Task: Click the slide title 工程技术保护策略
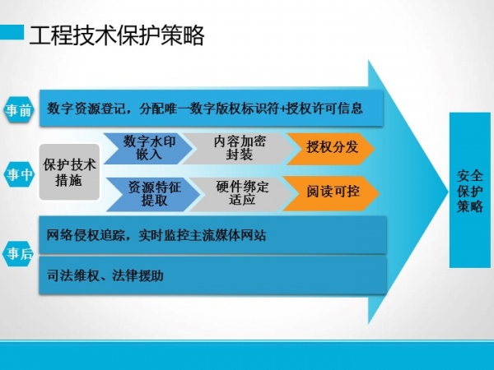coord(117,35)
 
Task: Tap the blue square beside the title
coord(12,32)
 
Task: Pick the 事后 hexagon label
coord(19,253)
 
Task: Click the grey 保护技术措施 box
coord(69,172)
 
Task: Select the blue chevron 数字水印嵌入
coord(148,148)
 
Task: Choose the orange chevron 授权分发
coord(331,148)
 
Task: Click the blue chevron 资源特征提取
coord(153,193)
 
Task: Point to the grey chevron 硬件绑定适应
coord(242,193)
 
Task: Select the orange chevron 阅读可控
coord(332,193)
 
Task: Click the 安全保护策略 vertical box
coord(470,190)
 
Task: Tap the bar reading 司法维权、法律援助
coord(213,275)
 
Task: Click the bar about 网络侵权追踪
coord(213,234)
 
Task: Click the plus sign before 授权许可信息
coord(282,109)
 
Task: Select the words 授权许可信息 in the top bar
coord(324,109)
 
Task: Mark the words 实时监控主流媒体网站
coord(203,235)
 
